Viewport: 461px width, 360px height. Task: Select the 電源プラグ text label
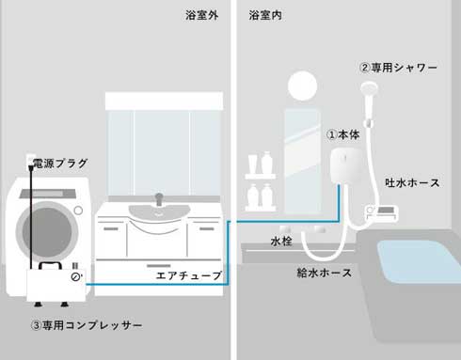pyautogui.click(x=60, y=164)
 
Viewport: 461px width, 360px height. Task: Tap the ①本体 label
pyautogui.click(x=343, y=134)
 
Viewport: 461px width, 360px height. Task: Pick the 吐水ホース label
pyautogui.click(x=412, y=182)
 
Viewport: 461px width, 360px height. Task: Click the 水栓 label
pyautogui.click(x=282, y=241)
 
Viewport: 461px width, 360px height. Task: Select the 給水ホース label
pyautogui.click(x=324, y=273)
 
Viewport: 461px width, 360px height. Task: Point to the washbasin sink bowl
pyautogui.click(x=159, y=210)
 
